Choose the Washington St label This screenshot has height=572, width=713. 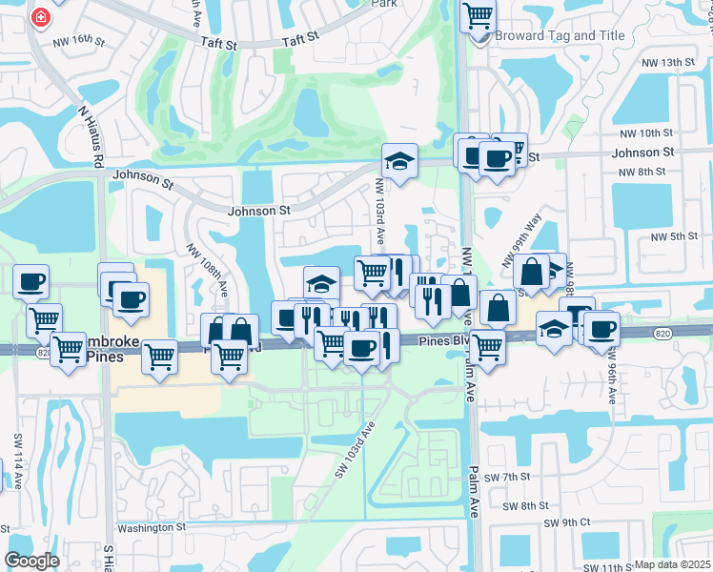point(149,527)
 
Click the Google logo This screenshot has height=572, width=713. point(32,561)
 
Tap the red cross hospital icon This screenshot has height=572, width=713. point(42,16)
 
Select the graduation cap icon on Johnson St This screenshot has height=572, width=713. point(400,160)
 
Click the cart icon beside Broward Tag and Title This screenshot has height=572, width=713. point(477,15)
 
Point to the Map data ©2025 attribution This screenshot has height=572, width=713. point(672,564)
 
